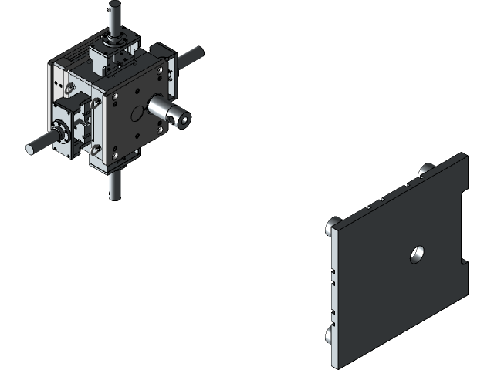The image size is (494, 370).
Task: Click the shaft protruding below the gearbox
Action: [x=115, y=187]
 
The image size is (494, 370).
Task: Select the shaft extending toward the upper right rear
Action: [x=191, y=56]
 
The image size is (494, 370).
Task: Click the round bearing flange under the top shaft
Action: [x=116, y=38]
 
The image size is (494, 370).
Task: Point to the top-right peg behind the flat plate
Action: [x=425, y=170]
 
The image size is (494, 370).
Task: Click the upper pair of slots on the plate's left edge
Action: [x=333, y=277]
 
